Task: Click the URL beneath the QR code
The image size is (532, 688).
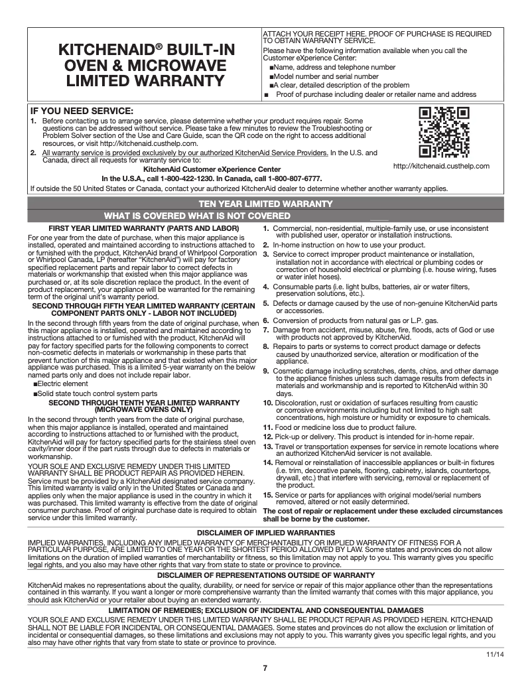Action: pos(441,166)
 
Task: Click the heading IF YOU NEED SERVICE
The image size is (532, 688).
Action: pos(82,110)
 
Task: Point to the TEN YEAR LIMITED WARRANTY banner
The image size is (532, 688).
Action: pos(265,204)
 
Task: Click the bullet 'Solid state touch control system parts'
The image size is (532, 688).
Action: pos(97,394)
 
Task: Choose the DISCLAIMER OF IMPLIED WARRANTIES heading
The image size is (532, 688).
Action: pos(265,533)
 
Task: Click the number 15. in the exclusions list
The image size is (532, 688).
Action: pos(268,495)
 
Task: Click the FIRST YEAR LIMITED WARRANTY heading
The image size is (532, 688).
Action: pos(135,229)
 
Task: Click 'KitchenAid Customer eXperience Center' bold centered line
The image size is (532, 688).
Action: pos(207,170)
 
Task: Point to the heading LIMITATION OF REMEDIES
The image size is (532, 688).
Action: pos(265,610)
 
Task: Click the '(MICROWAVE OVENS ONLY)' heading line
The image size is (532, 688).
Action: pos(135,410)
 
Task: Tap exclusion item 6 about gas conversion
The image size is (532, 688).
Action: pos(352,321)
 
